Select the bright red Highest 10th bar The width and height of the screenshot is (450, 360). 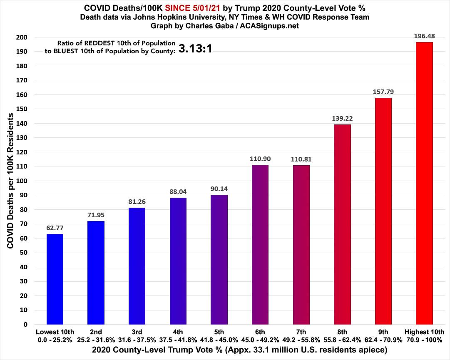tap(424, 183)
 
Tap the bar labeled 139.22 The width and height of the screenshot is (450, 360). tap(342, 224)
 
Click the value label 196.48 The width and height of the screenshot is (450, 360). tap(424, 36)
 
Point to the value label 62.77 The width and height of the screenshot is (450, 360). tap(55, 228)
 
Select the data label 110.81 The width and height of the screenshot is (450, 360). tap(301, 159)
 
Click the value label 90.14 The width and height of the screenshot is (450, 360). tap(219, 189)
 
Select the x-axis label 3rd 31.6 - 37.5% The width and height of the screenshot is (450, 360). tap(137, 335)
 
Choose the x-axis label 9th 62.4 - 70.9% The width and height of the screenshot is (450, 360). tap(383, 335)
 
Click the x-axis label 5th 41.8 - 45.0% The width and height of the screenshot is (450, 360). tap(219, 335)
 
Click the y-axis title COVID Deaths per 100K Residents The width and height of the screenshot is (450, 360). tap(10, 181)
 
